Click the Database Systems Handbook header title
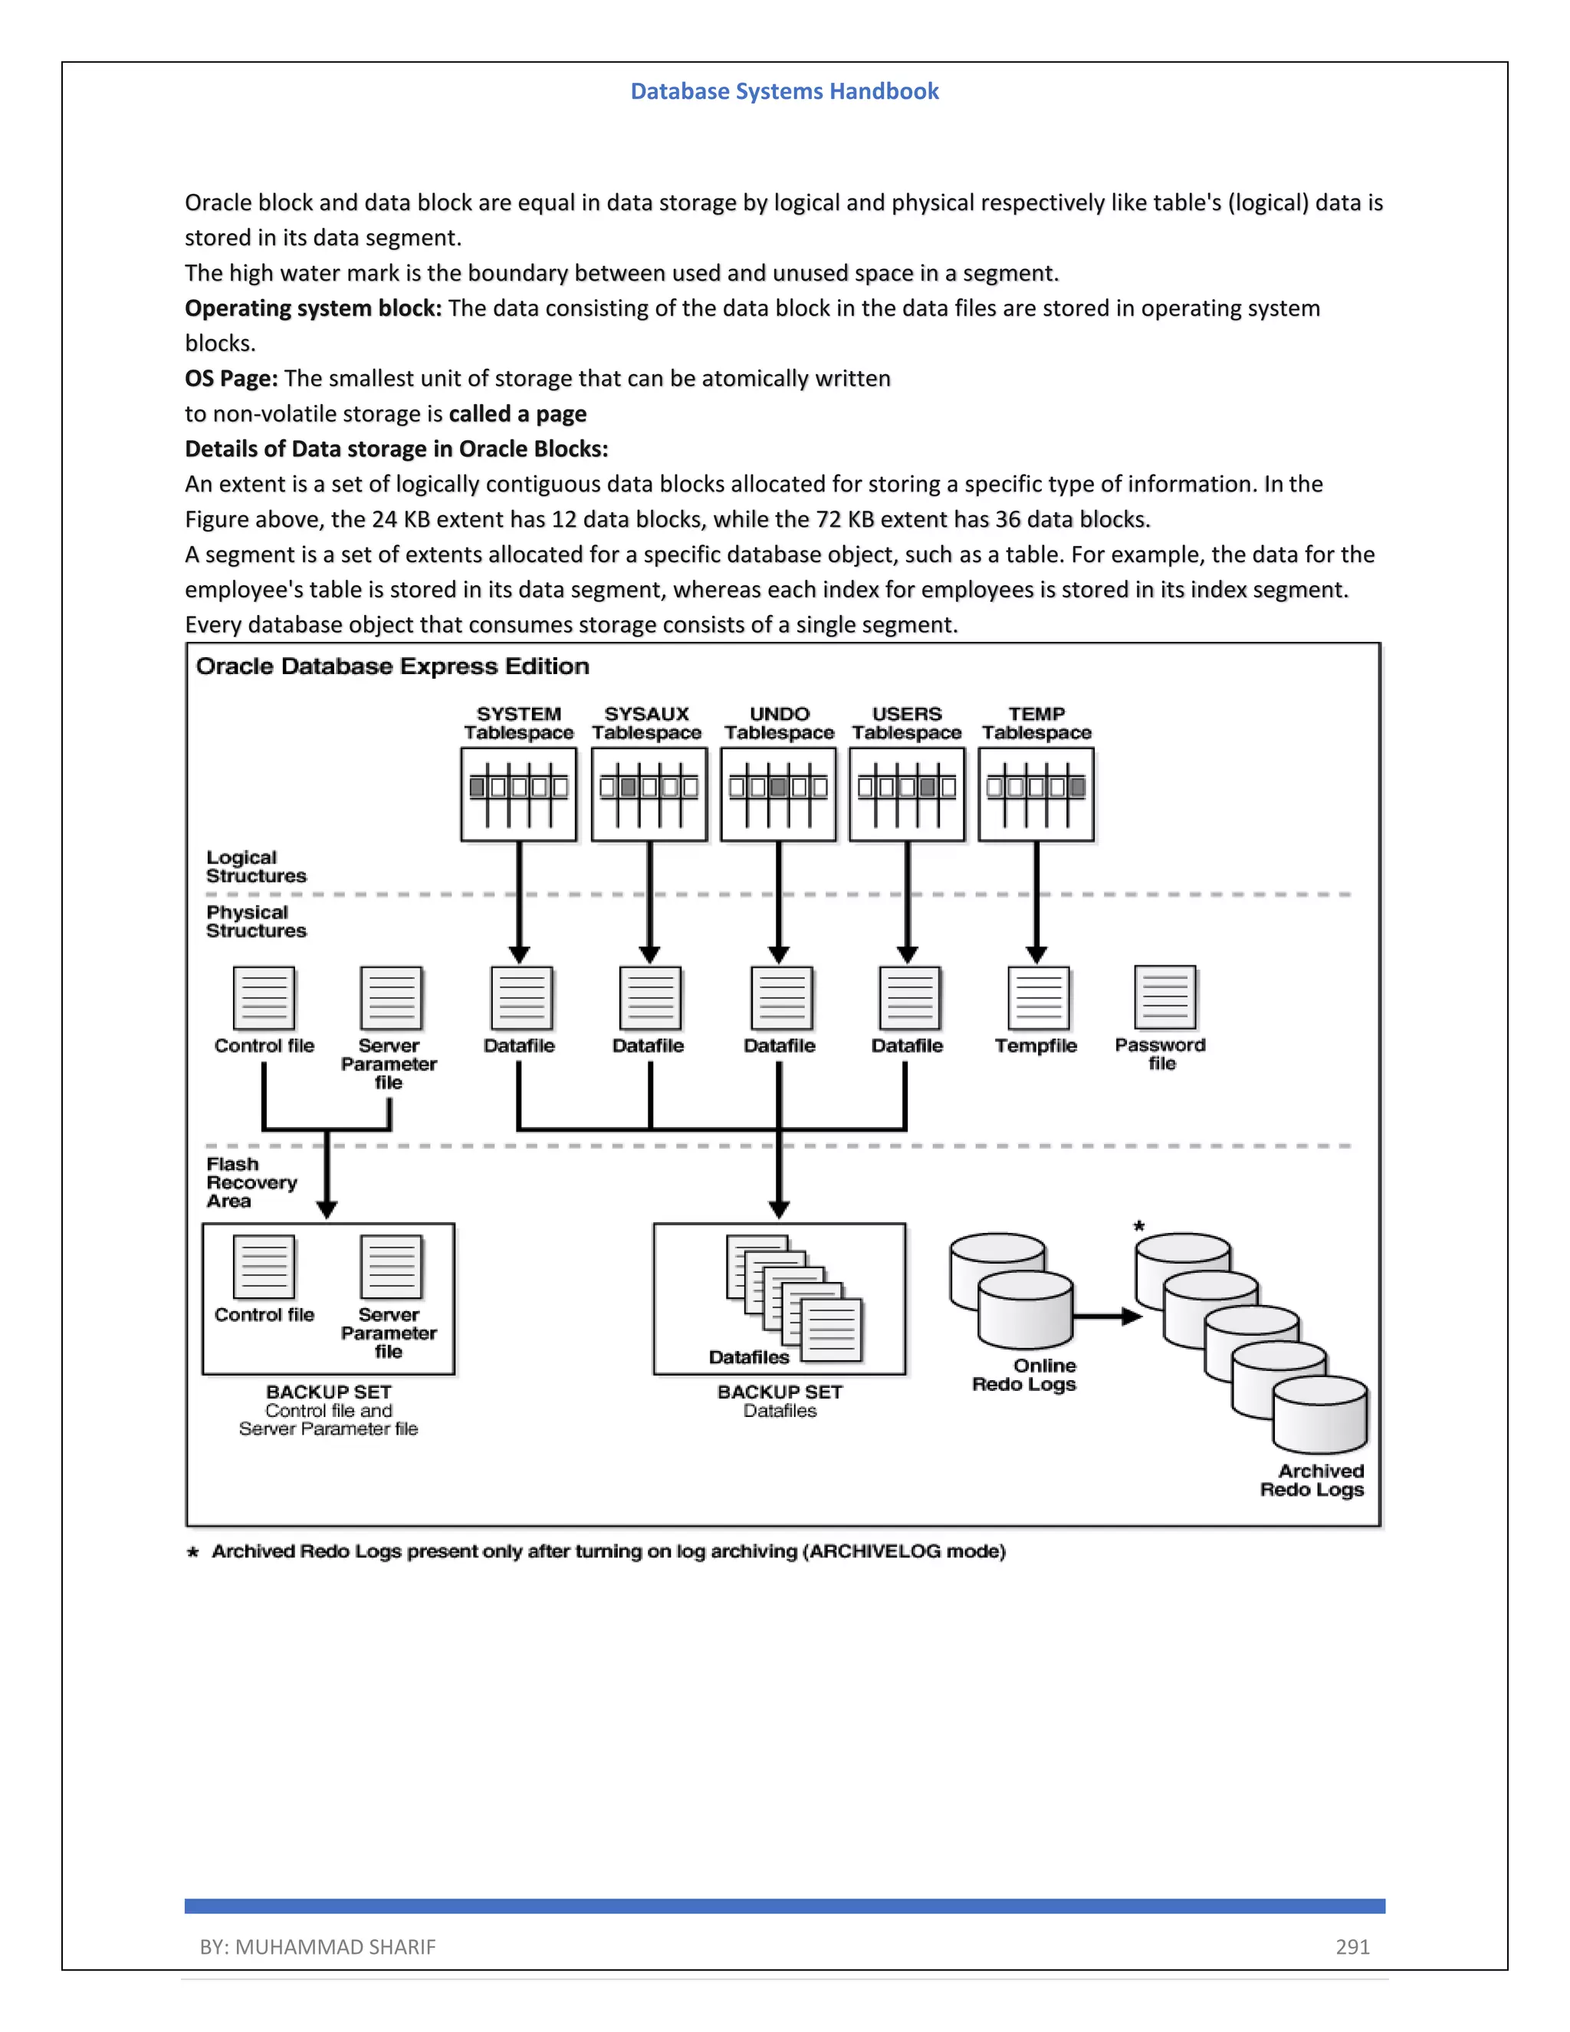tap(784, 91)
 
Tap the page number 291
tap(1352, 1946)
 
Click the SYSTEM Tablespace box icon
tap(518, 794)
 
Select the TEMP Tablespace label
tap(1036, 723)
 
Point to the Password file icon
tap(1164, 998)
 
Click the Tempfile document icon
tap(1038, 998)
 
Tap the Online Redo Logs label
tap(1024, 1375)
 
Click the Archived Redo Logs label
tap(1312, 1480)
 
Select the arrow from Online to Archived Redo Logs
tap(1107, 1317)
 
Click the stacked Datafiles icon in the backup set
tap(793, 1297)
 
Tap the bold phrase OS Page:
tap(231, 379)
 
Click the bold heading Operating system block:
tap(313, 308)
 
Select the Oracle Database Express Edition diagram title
tap(392, 666)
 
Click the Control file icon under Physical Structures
tap(264, 998)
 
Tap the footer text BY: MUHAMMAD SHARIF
tap(317, 1946)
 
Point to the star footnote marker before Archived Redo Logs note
tap(192, 1552)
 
